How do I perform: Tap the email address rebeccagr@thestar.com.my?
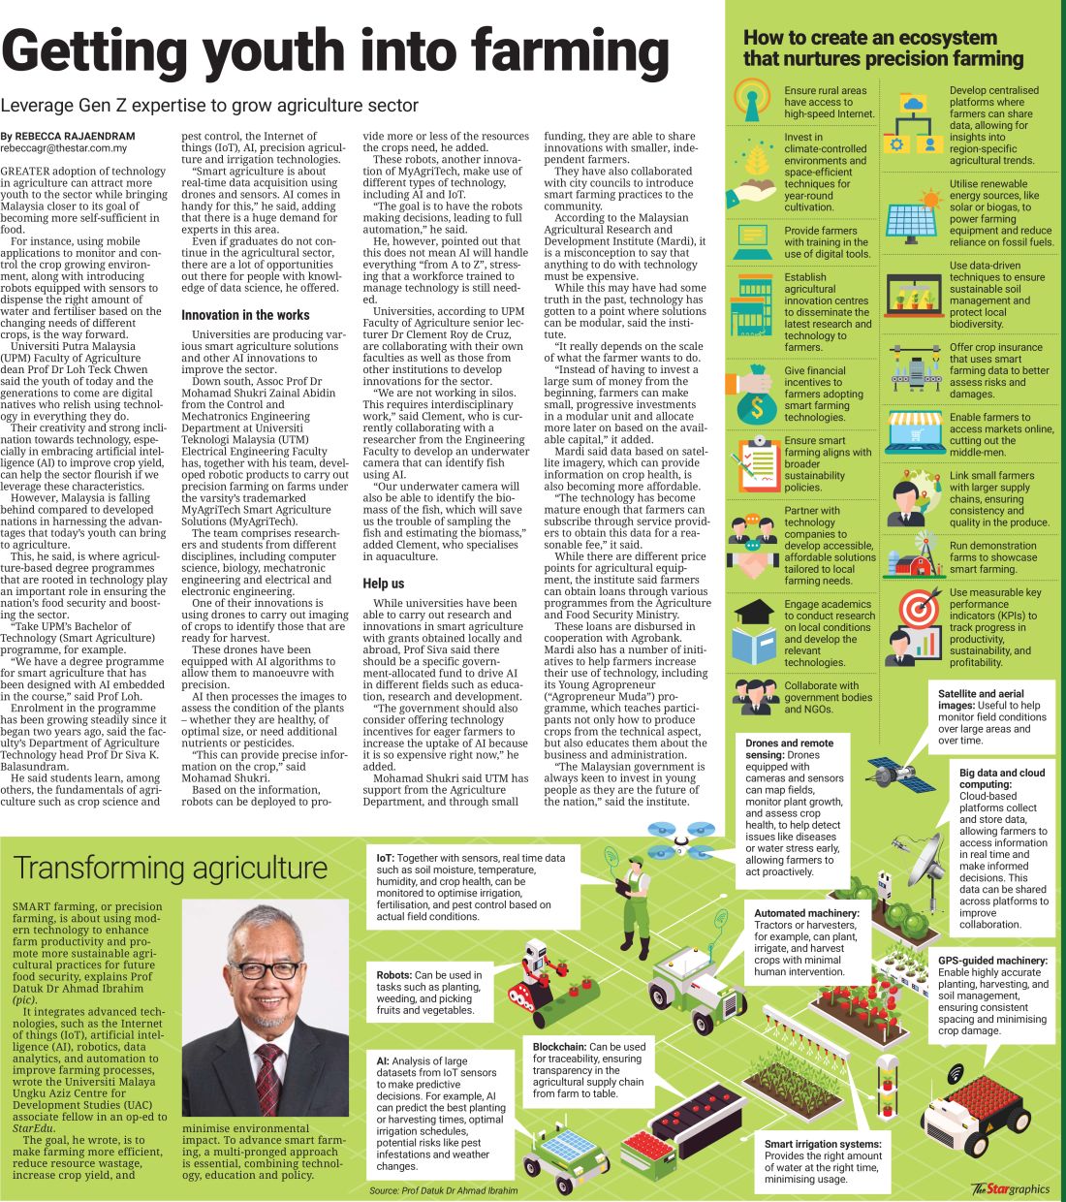[x=64, y=148]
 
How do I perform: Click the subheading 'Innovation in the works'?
[x=245, y=315]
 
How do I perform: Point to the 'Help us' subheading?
[x=384, y=584]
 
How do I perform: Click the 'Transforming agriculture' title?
[x=171, y=868]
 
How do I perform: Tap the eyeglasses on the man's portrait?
[x=265, y=968]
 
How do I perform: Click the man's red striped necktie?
[x=267, y=1065]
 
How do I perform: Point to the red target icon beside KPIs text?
[x=917, y=608]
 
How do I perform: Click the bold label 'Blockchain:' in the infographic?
[x=559, y=1047]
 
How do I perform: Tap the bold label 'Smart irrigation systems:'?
[x=823, y=1144]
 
